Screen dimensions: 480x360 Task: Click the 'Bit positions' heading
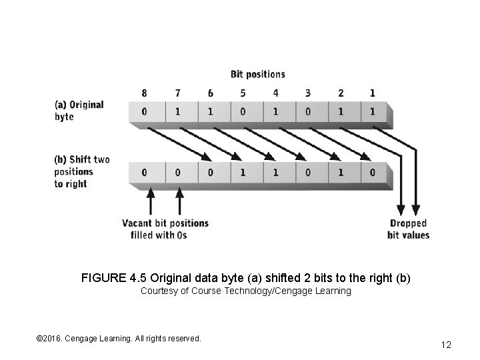(257, 74)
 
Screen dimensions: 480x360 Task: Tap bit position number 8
(145, 92)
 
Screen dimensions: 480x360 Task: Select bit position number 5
(243, 92)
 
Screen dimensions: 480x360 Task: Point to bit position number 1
(372, 92)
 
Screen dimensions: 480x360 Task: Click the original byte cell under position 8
(145, 112)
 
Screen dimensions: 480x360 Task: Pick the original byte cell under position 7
(177, 112)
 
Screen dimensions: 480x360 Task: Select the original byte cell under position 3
(308, 112)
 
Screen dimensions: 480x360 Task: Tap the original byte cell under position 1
(372, 112)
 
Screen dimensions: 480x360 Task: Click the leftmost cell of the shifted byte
(145, 172)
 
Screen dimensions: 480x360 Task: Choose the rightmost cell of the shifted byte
(372, 172)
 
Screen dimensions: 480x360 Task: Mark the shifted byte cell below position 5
(243, 172)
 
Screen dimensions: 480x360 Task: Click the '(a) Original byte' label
(79, 111)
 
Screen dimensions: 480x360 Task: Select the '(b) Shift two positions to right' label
(82, 171)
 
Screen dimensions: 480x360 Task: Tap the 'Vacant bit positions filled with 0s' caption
(165, 229)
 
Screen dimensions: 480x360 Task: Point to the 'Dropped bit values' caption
(408, 229)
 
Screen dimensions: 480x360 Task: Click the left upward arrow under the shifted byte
(151, 200)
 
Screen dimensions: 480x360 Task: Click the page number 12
(446, 345)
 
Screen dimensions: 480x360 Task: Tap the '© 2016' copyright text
(51, 339)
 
